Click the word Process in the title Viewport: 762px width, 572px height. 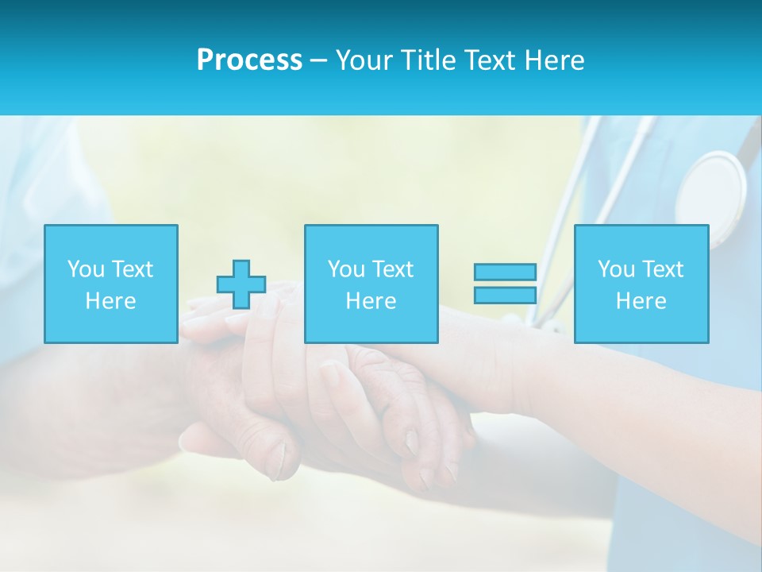click(x=249, y=60)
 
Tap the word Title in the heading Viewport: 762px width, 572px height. click(x=429, y=60)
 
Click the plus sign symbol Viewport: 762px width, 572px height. click(x=241, y=284)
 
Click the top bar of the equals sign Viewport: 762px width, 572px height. click(x=505, y=272)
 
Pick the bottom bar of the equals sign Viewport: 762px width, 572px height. click(x=505, y=296)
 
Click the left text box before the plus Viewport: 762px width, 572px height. click(x=111, y=284)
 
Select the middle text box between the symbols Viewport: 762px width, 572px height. click(x=371, y=284)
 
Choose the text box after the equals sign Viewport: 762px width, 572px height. click(x=641, y=284)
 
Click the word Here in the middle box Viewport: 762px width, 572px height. click(x=371, y=301)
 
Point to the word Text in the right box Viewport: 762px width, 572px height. click(x=663, y=269)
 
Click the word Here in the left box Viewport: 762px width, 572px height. click(x=110, y=301)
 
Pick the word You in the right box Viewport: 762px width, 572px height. click(x=616, y=269)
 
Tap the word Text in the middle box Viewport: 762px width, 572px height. click(x=393, y=269)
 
